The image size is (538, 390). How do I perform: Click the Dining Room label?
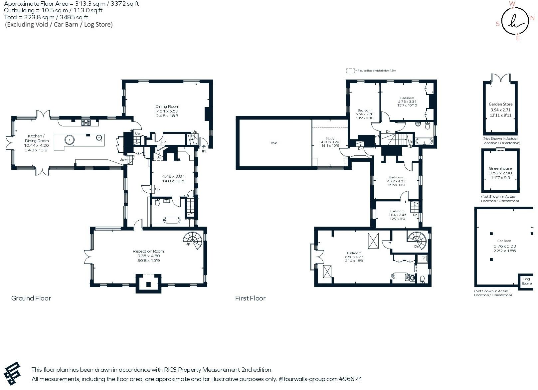(x=167, y=106)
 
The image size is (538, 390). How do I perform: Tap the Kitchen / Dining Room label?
(x=37, y=138)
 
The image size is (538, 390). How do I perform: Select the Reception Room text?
(x=148, y=251)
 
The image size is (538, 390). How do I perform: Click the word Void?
(x=274, y=143)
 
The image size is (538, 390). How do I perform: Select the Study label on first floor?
(x=330, y=138)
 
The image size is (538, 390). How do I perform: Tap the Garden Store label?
(x=500, y=104)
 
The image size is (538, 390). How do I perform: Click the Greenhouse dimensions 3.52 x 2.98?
(x=500, y=173)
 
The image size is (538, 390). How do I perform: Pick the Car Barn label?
(x=504, y=241)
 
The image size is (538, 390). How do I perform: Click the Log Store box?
(x=526, y=282)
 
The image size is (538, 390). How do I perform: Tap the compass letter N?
(x=532, y=18)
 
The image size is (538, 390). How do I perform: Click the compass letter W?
(x=512, y=4)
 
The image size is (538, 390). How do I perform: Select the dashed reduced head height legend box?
(x=350, y=71)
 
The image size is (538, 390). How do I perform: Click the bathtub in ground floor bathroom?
(x=171, y=220)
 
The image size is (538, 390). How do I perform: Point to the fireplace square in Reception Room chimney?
(x=148, y=284)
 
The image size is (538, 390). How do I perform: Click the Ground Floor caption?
(x=31, y=298)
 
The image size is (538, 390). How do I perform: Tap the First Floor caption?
(x=250, y=298)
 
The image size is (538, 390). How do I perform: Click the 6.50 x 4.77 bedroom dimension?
(x=354, y=257)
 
